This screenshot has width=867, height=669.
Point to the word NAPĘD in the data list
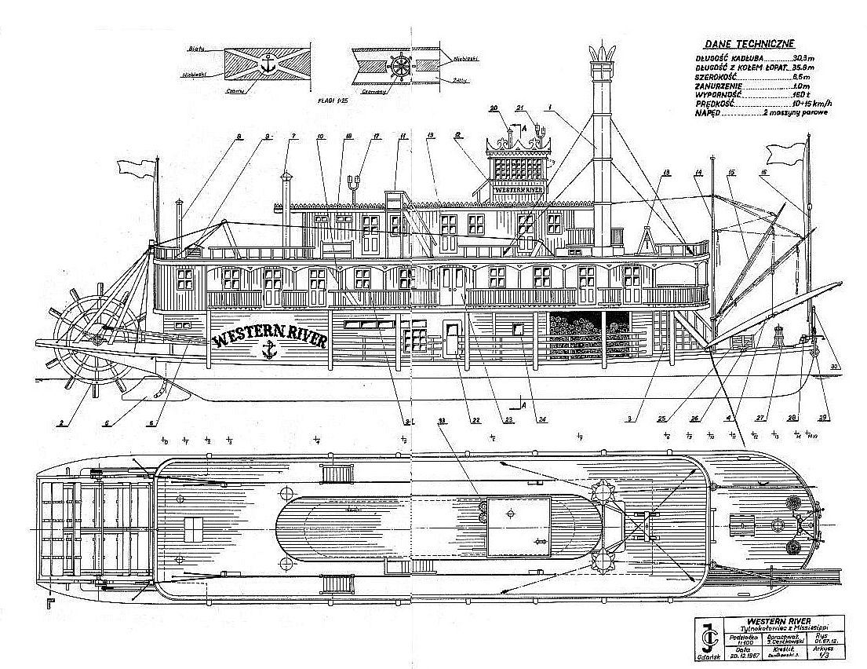click(709, 114)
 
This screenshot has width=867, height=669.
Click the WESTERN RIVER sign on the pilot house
click(519, 189)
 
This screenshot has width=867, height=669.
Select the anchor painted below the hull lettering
click(268, 351)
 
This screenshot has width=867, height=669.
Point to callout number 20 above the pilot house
click(494, 108)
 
